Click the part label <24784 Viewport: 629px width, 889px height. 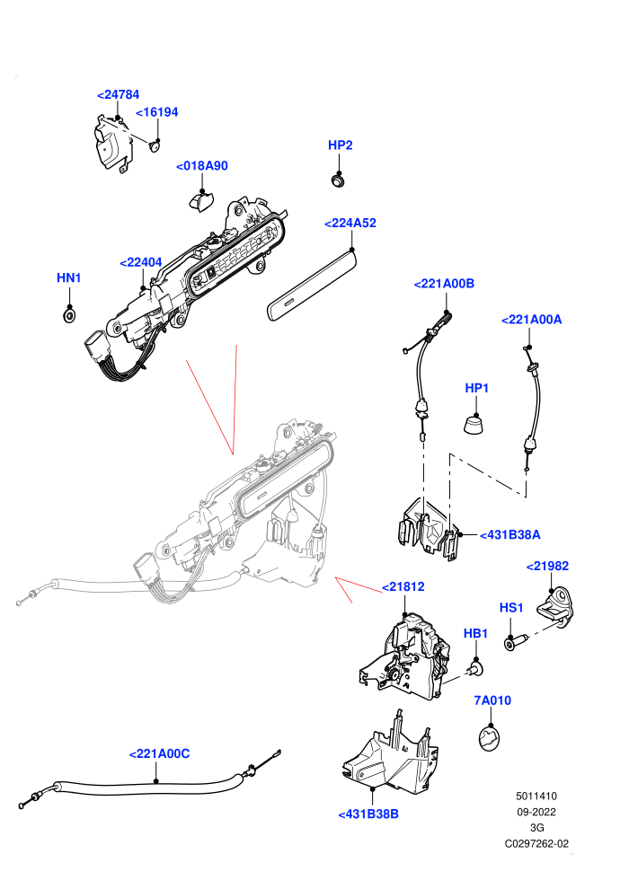(118, 94)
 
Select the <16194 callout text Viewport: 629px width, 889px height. (157, 112)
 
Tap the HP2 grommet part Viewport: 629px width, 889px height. (339, 180)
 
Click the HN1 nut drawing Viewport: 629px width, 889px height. (69, 314)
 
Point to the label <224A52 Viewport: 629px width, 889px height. (350, 224)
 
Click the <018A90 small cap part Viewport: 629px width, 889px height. (200, 201)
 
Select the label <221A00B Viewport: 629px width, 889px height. (444, 284)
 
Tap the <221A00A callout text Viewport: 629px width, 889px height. (531, 320)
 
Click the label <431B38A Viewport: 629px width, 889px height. (509, 534)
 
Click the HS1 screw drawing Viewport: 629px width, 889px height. (516, 642)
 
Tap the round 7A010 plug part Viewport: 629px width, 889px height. (490, 739)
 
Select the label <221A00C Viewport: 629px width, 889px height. (159, 754)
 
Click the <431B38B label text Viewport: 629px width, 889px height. (368, 814)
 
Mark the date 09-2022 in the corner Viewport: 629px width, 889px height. (536, 812)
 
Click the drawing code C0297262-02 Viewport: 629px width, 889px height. (536, 843)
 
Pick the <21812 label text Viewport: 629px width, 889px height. (403, 586)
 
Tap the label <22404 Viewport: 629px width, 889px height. (141, 262)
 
